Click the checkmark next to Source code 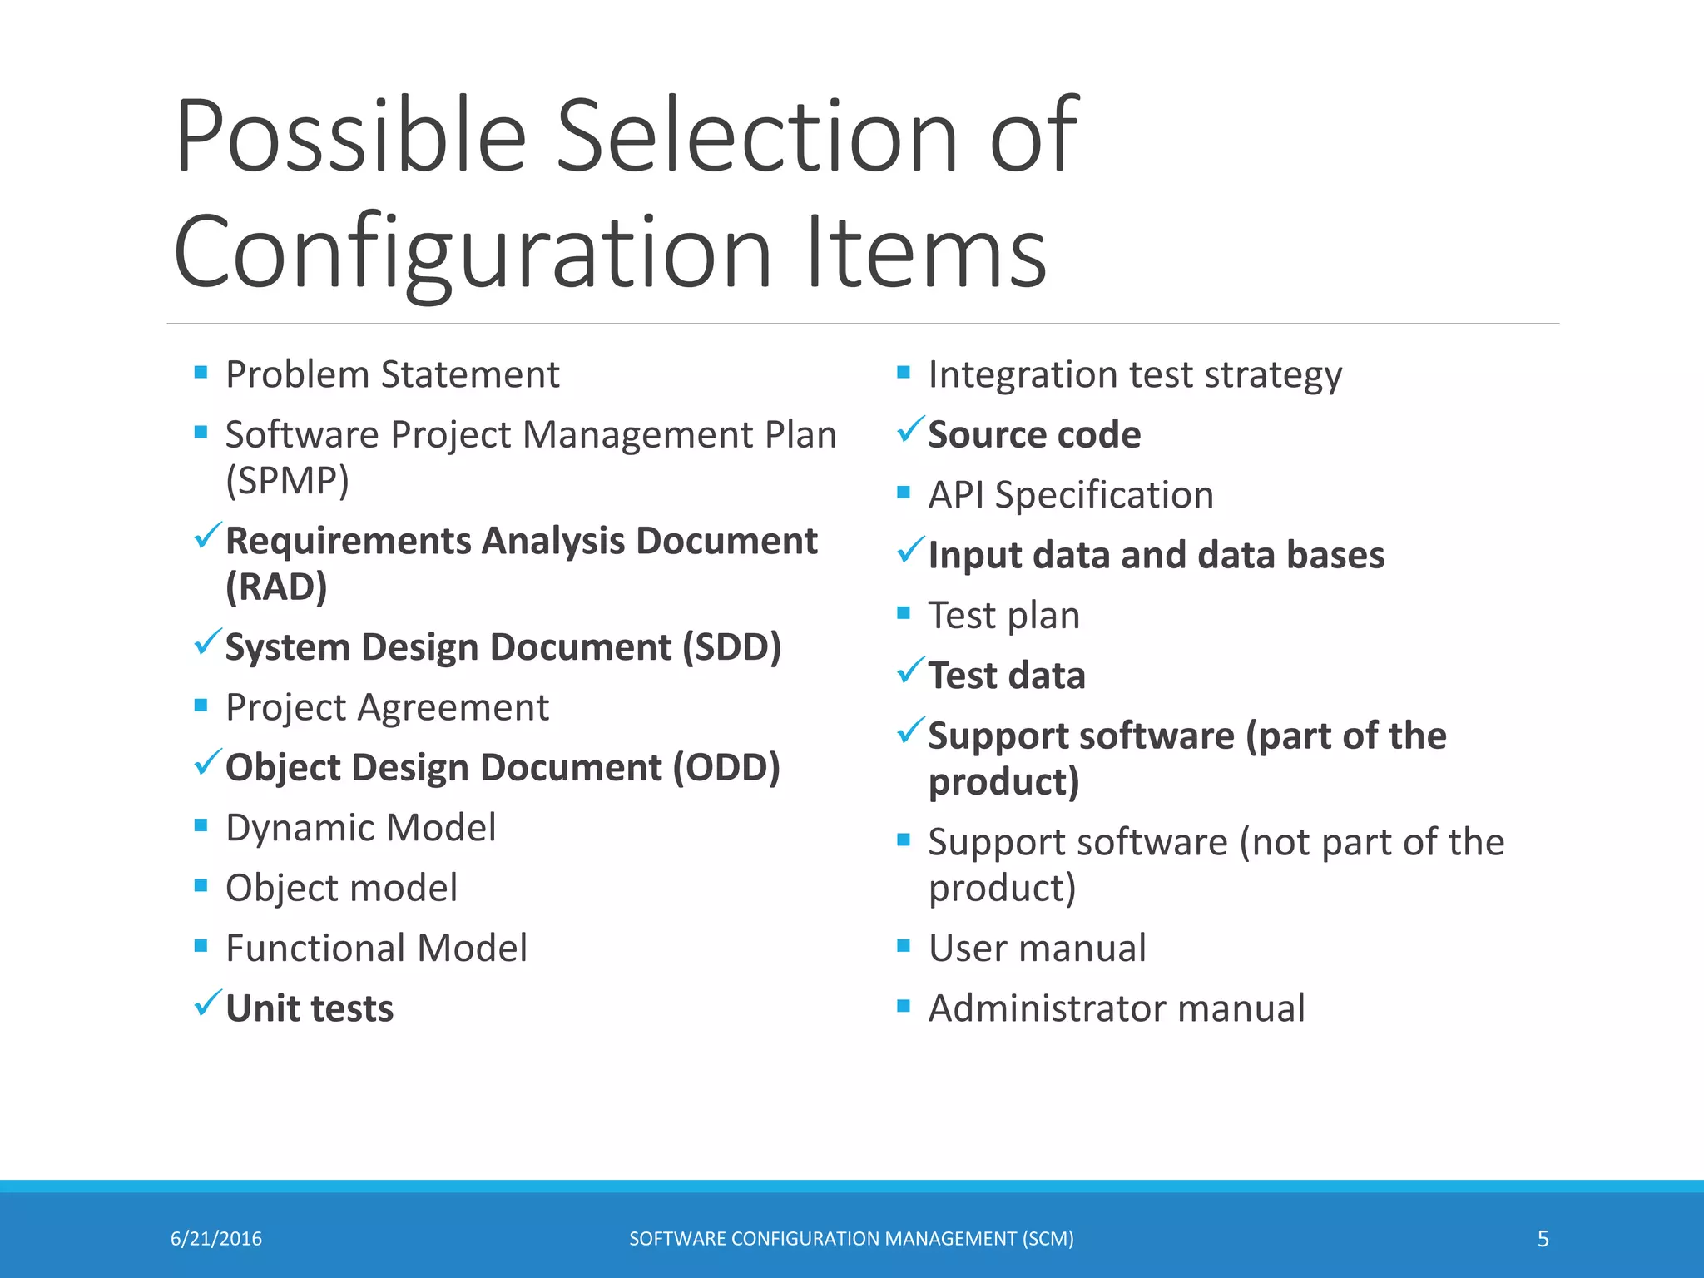(x=909, y=430)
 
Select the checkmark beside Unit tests (x=207, y=1003)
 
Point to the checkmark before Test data (x=909, y=671)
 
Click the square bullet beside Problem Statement (x=201, y=372)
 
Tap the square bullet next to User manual (x=904, y=946)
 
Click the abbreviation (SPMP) (x=287, y=480)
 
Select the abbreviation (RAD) (x=276, y=587)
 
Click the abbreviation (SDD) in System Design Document (x=731, y=647)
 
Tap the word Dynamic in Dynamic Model (x=300, y=828)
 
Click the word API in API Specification (x=955, y=495)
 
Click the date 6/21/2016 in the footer (x=216, y=1239)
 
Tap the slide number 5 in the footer (x=1543, y=1239)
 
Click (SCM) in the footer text (x=1048, y=1239)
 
